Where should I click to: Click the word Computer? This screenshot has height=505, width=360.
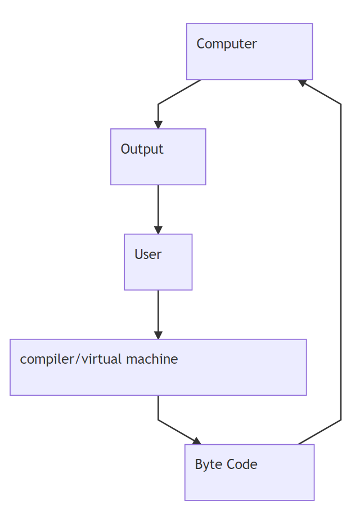[x=226, y=44]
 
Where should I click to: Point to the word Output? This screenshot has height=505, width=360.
[x=142, y=149]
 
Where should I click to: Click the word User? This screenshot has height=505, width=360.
[x=148, y=254]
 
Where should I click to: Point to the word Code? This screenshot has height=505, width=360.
[x=242, y=464]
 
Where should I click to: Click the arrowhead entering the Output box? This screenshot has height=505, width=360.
[x=158, y=124]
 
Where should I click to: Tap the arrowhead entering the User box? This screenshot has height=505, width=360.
[x=158, y=230]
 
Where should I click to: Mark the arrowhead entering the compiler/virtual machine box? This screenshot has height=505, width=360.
[x=158, y=335]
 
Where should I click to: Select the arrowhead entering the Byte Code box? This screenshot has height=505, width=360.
[x=197, y=440]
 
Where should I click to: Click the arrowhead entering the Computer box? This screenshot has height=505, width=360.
[x=303, y=83]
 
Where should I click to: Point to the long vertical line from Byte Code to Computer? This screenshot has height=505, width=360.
[x=341, y=262]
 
